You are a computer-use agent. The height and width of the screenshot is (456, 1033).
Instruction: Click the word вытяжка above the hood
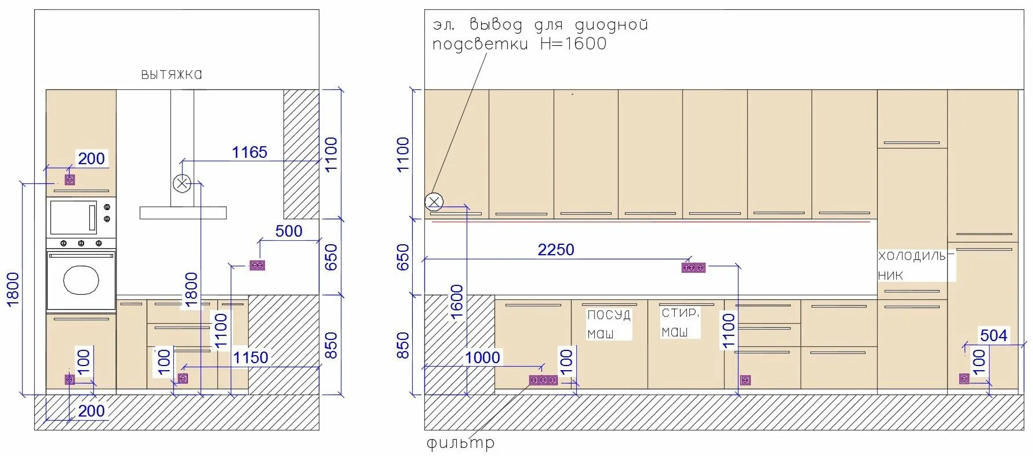(x=172, y=74)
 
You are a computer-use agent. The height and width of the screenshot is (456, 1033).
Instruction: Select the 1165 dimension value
(x=249, y=152)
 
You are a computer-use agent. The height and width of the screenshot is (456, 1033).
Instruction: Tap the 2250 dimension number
(x=556, y=249)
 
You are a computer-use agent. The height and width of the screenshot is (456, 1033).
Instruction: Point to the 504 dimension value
(x=994, y=335)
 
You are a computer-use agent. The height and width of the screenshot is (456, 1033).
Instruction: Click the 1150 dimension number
(x=250, y=357)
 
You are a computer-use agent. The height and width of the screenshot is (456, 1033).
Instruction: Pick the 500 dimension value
(x=289, y=231)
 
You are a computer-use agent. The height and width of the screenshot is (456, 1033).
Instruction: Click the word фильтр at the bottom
(x=461, y=444)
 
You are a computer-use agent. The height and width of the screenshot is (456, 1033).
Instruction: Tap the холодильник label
(x=916, y=265)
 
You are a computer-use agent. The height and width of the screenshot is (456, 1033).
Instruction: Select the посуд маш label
(x=608, y=324)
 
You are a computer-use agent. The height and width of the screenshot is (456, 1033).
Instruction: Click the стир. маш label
(x=680, y=322)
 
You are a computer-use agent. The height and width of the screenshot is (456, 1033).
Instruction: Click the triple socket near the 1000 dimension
(x=543, y=380)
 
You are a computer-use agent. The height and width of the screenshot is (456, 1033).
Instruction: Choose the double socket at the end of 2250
(x=693, y=267)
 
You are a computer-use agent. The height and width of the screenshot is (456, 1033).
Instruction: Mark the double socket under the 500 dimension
(x=257, y=265)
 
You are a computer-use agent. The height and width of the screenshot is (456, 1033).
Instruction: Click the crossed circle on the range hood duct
(x=181, y=184)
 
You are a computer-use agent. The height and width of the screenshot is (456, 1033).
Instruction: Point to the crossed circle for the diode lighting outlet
(x=434, y=201)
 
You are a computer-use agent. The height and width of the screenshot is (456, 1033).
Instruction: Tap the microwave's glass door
(x=73, y=217)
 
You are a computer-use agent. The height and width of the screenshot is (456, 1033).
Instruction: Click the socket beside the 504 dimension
(x=964, y=378)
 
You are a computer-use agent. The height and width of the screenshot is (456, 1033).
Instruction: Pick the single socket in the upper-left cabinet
(x=70, y=180)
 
